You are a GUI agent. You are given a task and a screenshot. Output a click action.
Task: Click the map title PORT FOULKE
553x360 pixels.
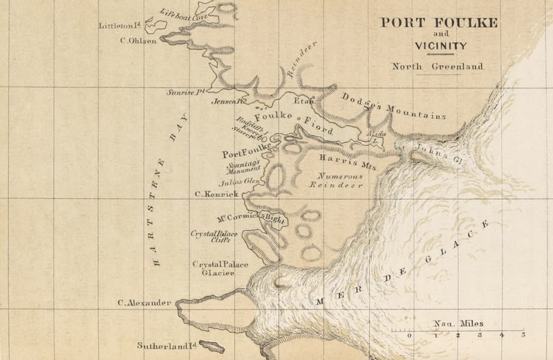438,22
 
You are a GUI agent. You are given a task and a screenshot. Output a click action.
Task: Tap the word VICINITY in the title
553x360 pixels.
440,46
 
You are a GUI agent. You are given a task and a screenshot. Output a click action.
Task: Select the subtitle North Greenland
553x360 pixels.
438,67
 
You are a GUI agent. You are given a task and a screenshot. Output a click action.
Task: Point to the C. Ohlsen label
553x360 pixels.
138,40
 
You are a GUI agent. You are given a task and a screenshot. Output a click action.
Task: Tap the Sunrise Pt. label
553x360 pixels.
187,91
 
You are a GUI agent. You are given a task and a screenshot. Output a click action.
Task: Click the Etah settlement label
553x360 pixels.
303,101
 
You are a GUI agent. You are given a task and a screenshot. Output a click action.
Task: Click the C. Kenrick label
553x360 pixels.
216,195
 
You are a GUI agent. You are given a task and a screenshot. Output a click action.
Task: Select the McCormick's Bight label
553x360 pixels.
251,218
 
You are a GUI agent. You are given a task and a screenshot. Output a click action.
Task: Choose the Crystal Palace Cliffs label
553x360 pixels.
214,238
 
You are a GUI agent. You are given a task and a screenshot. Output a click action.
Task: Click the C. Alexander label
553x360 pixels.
144,303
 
